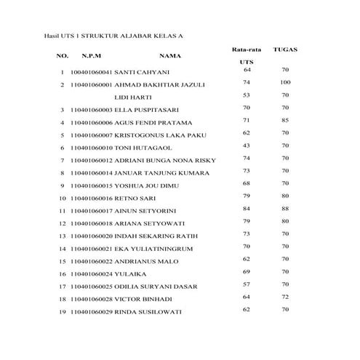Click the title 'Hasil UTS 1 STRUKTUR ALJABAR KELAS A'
106,34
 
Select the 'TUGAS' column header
285,49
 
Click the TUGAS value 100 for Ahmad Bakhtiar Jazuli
285,82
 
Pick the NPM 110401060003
92,109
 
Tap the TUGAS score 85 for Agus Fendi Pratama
285,120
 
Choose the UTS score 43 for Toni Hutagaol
247,145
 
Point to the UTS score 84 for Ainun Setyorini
247,209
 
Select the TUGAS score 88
285,209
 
